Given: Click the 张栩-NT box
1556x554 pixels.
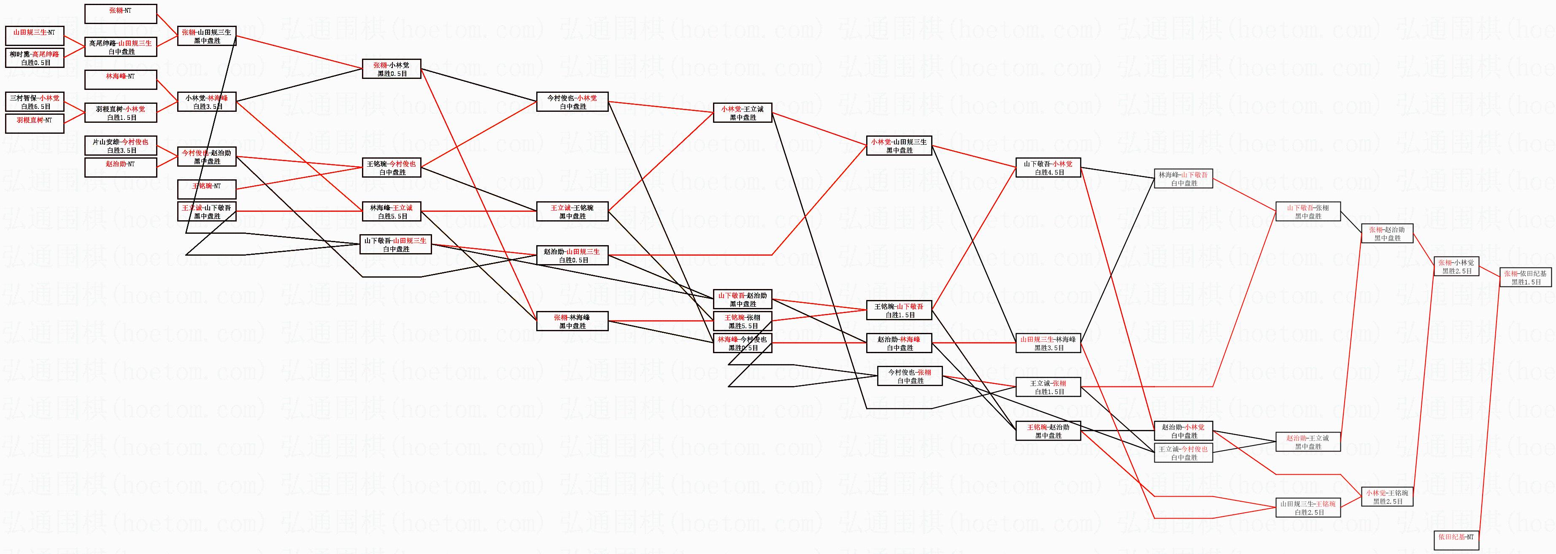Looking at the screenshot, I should (x=121, y=14).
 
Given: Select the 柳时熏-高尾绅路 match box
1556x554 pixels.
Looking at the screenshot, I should (x=35, y=57).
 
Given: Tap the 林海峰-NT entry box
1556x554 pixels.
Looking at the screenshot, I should (x=121, y=79).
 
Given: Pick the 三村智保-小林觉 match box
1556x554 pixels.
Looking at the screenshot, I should (x=35, y=102).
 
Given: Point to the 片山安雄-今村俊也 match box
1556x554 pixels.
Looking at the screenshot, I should (x=121, y=146).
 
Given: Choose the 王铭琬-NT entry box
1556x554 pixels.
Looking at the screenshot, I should (x=207, y=189).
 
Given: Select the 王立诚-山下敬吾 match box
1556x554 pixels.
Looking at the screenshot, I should (x=207, y=211).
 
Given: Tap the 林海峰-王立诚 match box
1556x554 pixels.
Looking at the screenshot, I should (x=392, y=211).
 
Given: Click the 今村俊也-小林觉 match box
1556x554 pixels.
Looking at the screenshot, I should (x=572, y=102).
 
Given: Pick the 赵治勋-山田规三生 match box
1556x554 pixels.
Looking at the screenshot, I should (x=572, y=255).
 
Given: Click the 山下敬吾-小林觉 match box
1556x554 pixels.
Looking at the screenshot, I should (x=1048, y=168).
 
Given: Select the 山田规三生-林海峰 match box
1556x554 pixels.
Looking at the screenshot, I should (x=1048, y=343).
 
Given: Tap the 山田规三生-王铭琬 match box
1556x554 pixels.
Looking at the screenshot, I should (x=1308, y=508).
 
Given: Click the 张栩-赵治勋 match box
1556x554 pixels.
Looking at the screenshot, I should (x=1387, y=233).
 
